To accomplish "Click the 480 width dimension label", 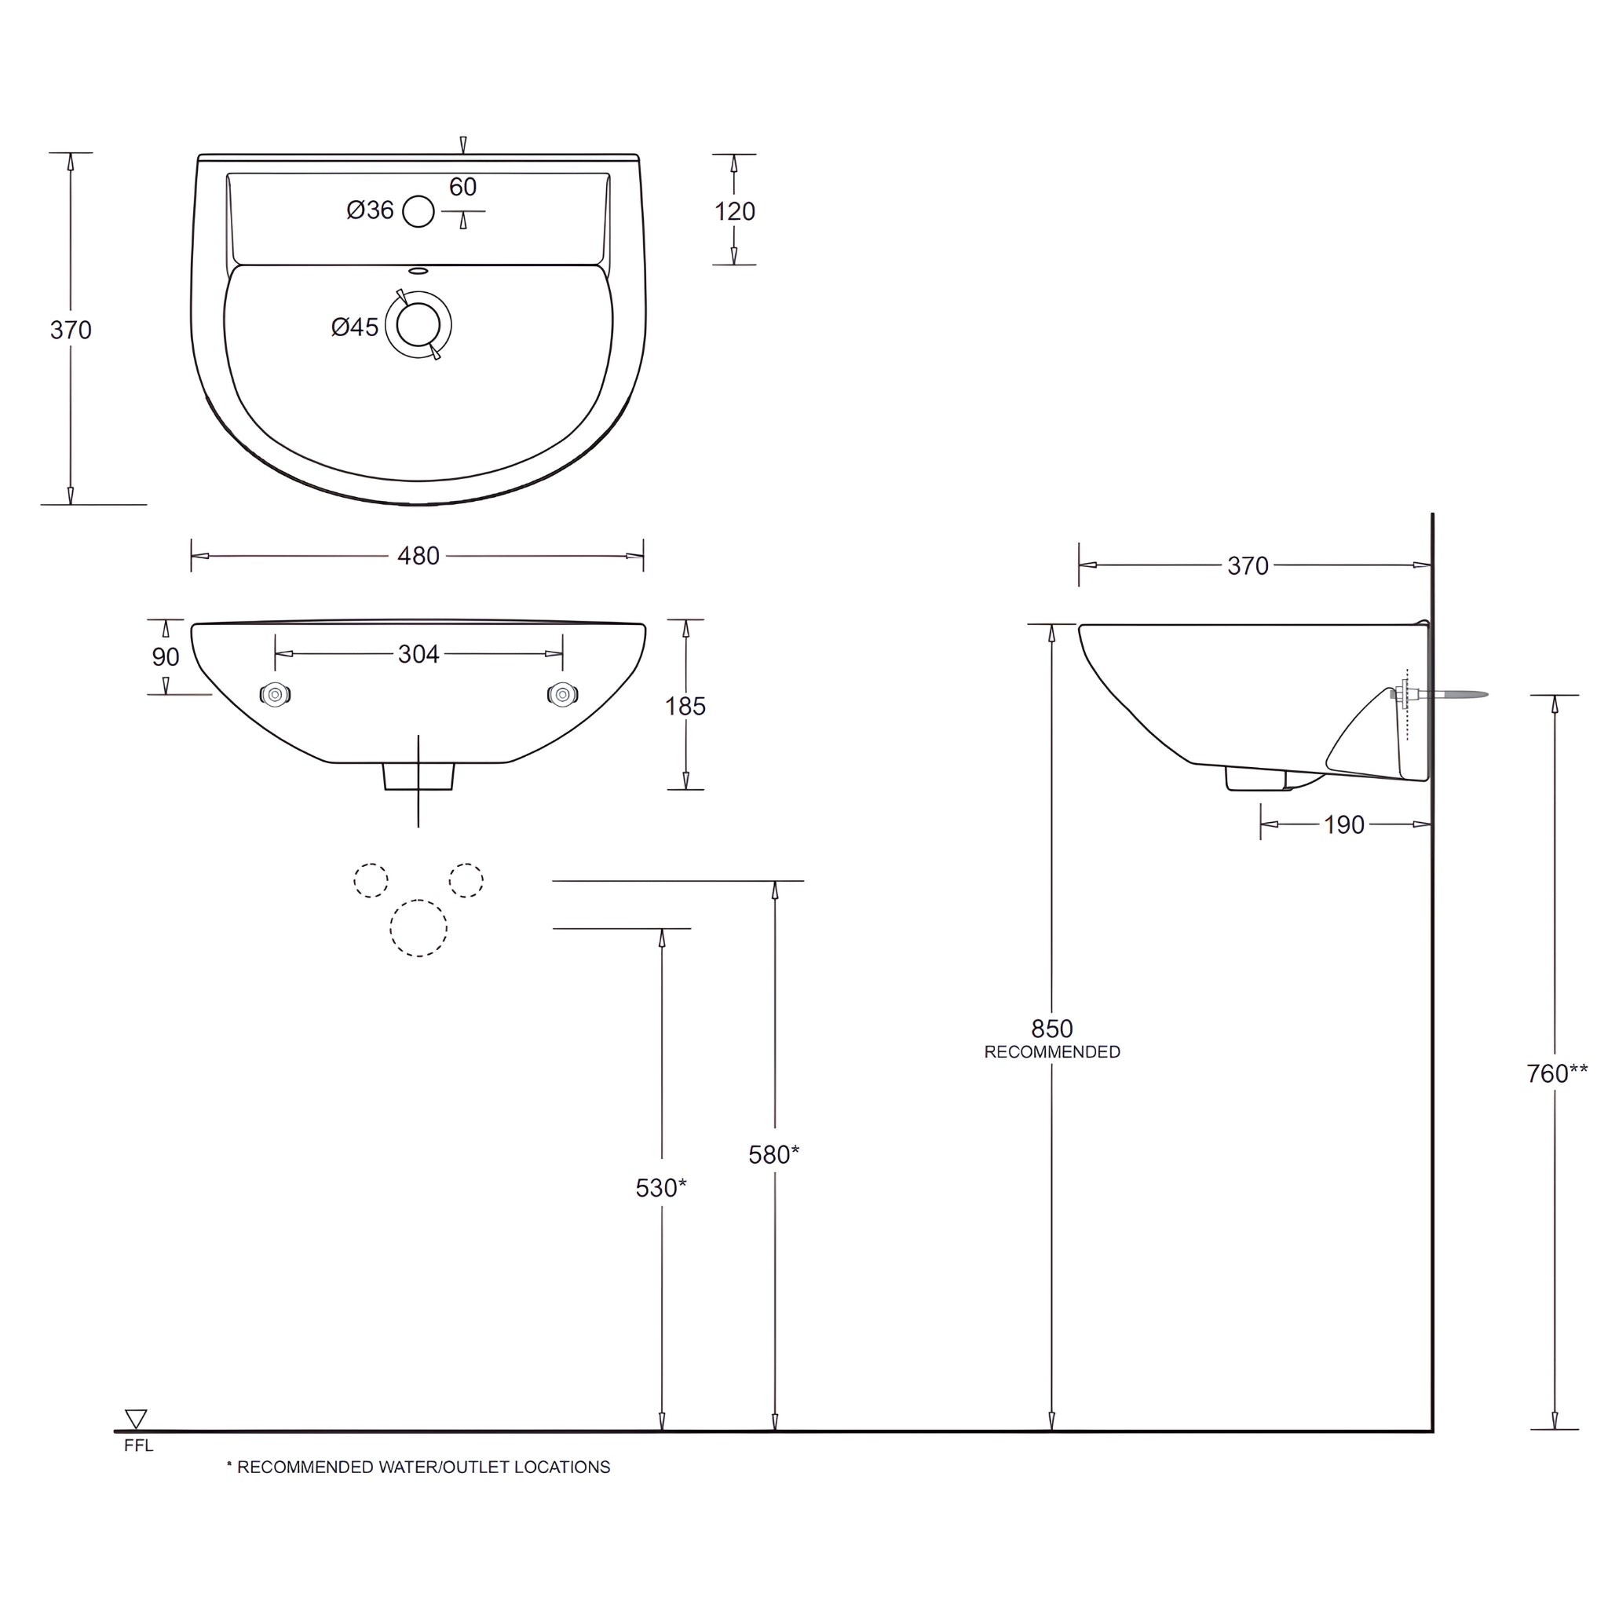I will [x=418, y=556].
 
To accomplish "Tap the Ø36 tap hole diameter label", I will [x=370, y=210].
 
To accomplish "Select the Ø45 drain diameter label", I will [x=355, y=327].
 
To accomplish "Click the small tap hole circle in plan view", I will [x=418, y=211].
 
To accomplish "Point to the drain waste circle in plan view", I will [x=418, y=324].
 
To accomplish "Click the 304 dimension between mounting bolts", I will [x=418, y=654].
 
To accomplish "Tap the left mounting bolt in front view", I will [x=275, y=694].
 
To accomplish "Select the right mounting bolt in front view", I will [x=563, y=694].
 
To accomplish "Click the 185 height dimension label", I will [x=685, y=707].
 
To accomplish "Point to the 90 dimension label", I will [x=166, y=657].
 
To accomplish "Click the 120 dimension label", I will [x=734, y=212].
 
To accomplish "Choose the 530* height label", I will [x=661, y=1189].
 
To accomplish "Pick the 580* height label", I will [x=773, y=1155].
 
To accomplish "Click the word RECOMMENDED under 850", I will [x=1052, y=1053].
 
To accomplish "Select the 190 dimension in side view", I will [x=1344, y=825].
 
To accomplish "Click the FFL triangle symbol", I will [x=136, y=1418].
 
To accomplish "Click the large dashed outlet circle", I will [x=418, y=928].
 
